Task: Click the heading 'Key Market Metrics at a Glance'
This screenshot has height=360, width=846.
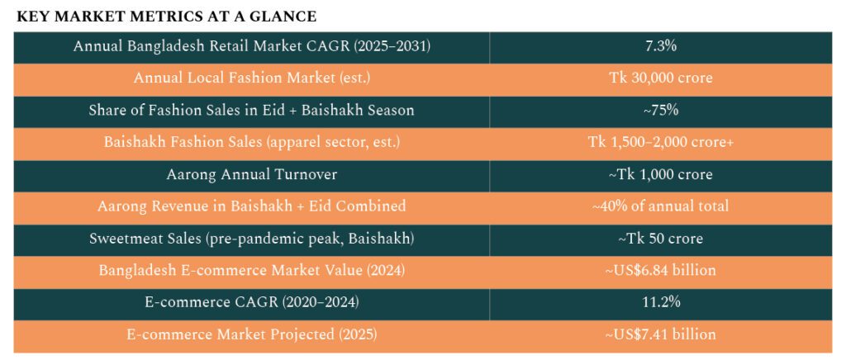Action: click(167, 17)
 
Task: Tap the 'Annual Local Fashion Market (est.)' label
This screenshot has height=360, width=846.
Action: click(252, 78)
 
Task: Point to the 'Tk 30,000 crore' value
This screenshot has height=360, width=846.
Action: click(661, 78)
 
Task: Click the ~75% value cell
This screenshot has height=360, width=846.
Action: click(661, 110)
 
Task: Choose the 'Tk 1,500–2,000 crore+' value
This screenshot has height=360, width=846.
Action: click(661, 142)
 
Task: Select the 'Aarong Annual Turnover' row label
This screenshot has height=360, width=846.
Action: click(252, 174)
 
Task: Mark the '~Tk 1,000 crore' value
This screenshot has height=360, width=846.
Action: click(661, 174)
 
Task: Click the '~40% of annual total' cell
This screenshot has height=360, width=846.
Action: click(661, 206)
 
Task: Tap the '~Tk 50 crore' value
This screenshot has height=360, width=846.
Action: click(661, 239)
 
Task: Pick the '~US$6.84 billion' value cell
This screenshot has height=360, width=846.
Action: click(661, 271)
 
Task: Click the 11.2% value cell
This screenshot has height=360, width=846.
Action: click(661, 303)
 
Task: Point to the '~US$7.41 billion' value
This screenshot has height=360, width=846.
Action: click(661, 334)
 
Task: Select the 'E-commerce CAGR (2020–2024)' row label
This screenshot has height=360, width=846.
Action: click(252, 303)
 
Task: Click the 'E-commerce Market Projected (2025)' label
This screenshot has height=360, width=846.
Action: click(252, 334)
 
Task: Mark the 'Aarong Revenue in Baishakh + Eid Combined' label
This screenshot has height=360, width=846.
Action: click(252, 206)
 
